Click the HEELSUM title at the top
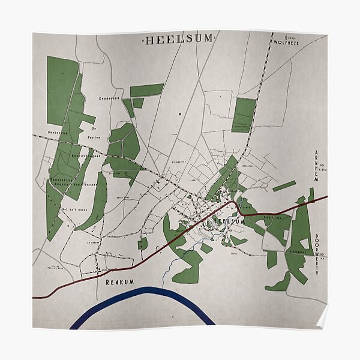178,39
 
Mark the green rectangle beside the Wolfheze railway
244,115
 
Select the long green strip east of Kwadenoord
147,91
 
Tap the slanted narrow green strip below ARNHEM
284,186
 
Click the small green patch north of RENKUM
143,244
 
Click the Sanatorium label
61,179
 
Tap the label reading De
94,128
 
